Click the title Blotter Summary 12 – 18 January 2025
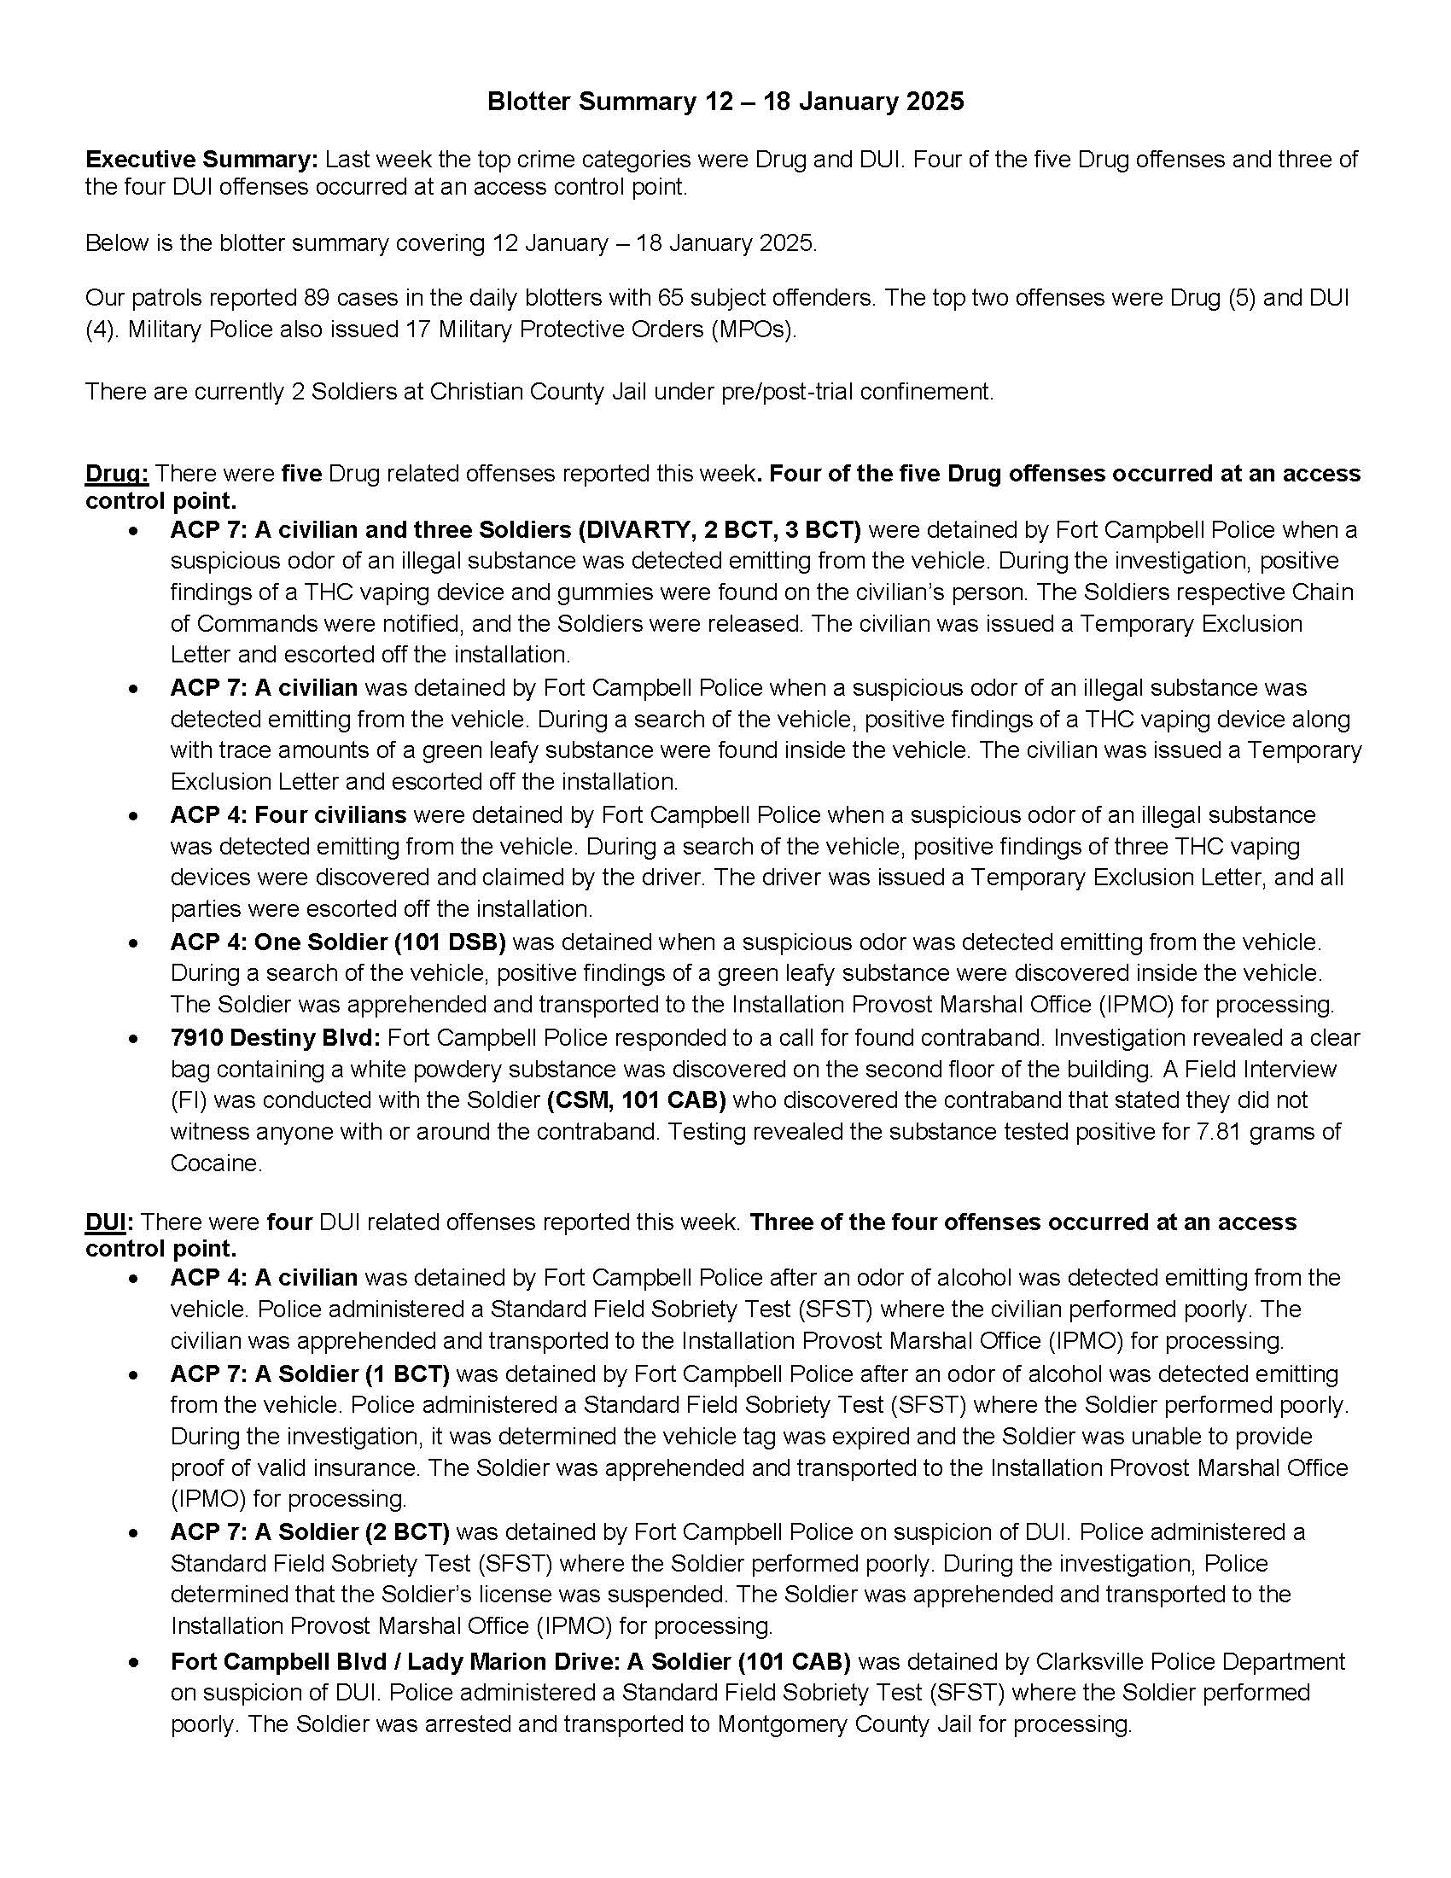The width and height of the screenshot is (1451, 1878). [x=725, y=102]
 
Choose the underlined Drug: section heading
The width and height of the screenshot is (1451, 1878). [x=117, y=474]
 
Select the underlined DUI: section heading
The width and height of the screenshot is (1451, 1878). [x=109, y=1222]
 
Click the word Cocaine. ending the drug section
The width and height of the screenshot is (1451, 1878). [x=216, y=1163]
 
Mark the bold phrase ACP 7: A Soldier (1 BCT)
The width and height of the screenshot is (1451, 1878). [x=310, y=1374]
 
